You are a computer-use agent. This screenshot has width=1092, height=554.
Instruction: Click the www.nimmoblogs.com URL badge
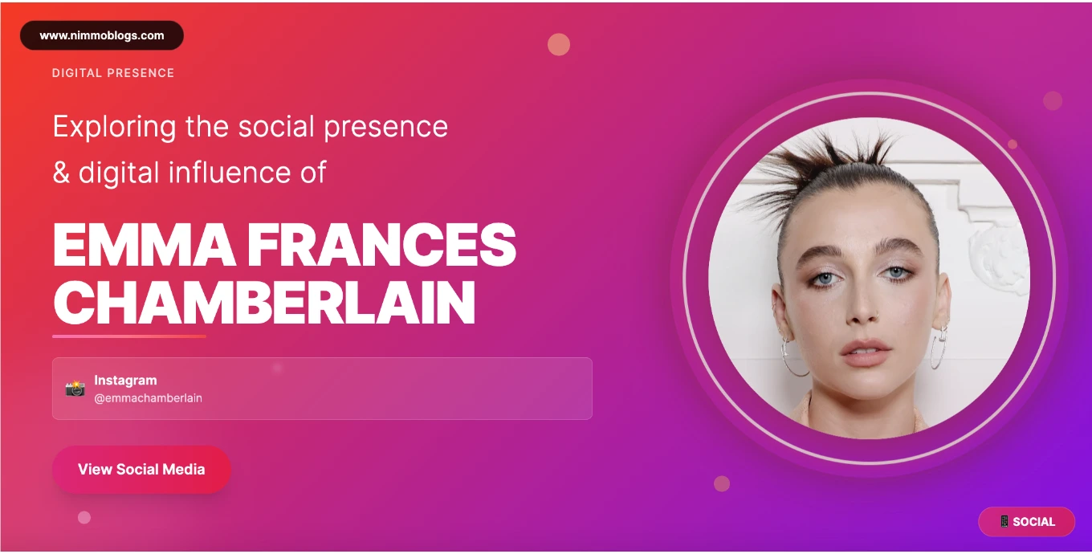pos(101,35)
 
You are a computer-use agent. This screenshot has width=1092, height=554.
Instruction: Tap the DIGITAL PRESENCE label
pos(113,73)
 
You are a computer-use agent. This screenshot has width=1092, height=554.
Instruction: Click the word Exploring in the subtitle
pos(114,128)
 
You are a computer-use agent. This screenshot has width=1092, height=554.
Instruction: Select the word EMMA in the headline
pos(144,245)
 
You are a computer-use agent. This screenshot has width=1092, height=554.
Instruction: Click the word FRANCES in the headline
pos(381,245)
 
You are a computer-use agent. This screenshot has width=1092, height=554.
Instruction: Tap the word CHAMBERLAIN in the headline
pos(263,303)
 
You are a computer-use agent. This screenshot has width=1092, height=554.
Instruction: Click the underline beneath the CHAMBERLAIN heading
pos(128,336)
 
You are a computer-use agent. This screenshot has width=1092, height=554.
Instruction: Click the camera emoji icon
pos(75,389)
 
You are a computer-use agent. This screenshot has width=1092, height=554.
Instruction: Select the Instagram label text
pos(125,380)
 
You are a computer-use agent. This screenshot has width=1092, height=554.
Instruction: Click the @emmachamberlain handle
pos(148,398)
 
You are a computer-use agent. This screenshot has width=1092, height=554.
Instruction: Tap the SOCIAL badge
pos(1026,521)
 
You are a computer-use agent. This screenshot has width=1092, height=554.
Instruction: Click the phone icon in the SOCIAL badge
pos(1004,521)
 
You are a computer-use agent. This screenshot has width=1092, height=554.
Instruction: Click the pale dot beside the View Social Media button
pos(84,517)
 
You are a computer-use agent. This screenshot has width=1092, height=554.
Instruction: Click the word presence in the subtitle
pos(385,128)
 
